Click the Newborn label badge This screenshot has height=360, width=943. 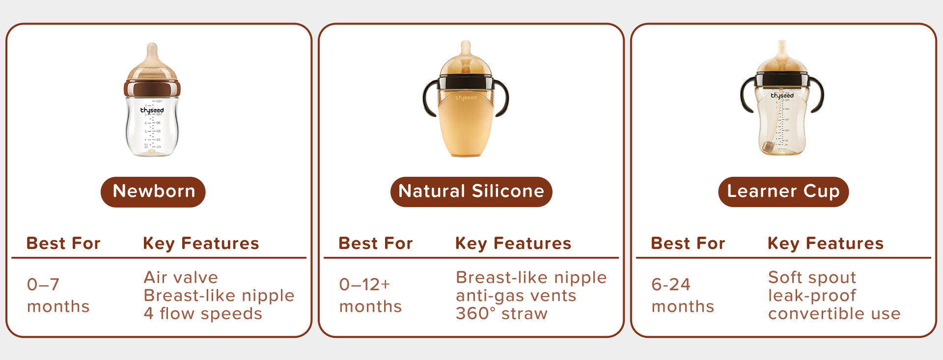153,192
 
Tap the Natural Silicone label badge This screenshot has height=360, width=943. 471,192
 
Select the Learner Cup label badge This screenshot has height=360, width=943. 783,192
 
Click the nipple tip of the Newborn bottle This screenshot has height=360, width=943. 152,47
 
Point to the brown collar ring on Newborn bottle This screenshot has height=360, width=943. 152,88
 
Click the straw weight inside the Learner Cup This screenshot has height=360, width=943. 768,146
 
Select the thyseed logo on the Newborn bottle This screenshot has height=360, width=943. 152,111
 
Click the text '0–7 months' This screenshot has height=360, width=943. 58,295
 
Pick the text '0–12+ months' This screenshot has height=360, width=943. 370,295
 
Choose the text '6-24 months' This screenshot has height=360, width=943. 683,295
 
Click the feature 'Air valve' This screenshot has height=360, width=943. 181,277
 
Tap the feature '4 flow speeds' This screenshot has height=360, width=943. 203,313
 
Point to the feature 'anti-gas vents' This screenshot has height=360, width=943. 516,296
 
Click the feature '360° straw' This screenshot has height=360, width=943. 501,313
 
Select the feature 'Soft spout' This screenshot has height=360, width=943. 812,277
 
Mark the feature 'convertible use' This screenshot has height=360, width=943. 834,313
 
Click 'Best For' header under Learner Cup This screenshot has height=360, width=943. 688,243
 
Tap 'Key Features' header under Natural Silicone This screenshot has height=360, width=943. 513,244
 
